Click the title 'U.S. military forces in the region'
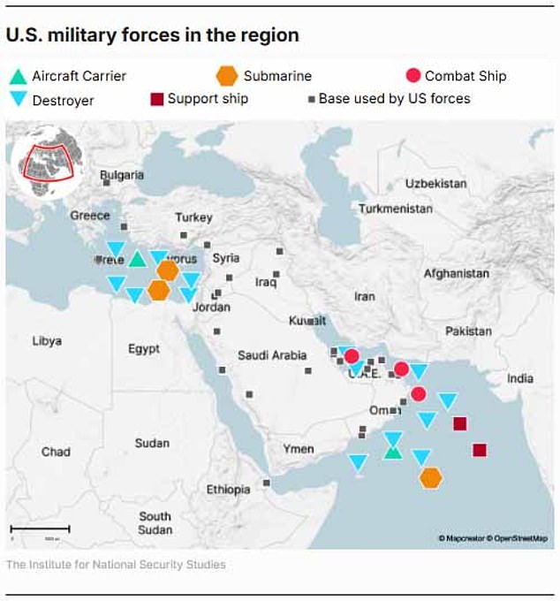[x=152, y=35]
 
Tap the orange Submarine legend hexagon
[x=227, y=76]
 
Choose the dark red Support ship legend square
[x=157, y=98]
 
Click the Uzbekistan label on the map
[x=435, y=184]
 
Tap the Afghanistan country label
[x=456, y=274]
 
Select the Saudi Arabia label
[x=272, y=355]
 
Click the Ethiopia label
[x=228, y=489]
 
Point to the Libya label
[x=47, y=340]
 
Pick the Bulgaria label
[x=122, y=175]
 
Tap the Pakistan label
[x=468, y=331]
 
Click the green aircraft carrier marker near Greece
[x=136, y=259]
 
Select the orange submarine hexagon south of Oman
[x=431, y=477]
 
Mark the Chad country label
[x=56, y=452]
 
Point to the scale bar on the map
[x=41, y=529]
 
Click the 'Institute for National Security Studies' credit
[x=116, y=565]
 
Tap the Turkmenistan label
[x=396, y=209]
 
